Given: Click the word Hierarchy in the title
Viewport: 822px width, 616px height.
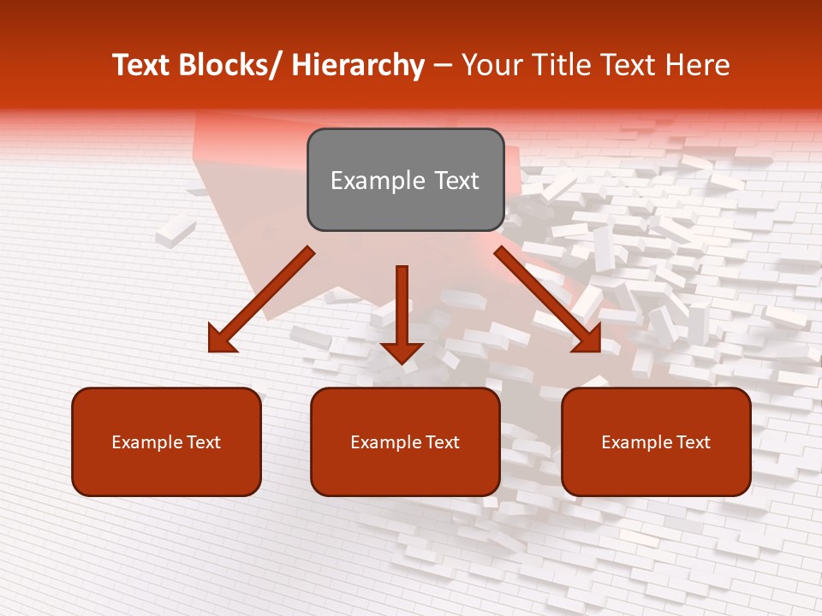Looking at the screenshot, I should click(x=358, y=65).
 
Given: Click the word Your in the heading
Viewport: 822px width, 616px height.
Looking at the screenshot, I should click(x=491, y=65).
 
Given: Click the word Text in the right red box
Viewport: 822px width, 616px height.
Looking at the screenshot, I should click(x=692, y=442).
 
